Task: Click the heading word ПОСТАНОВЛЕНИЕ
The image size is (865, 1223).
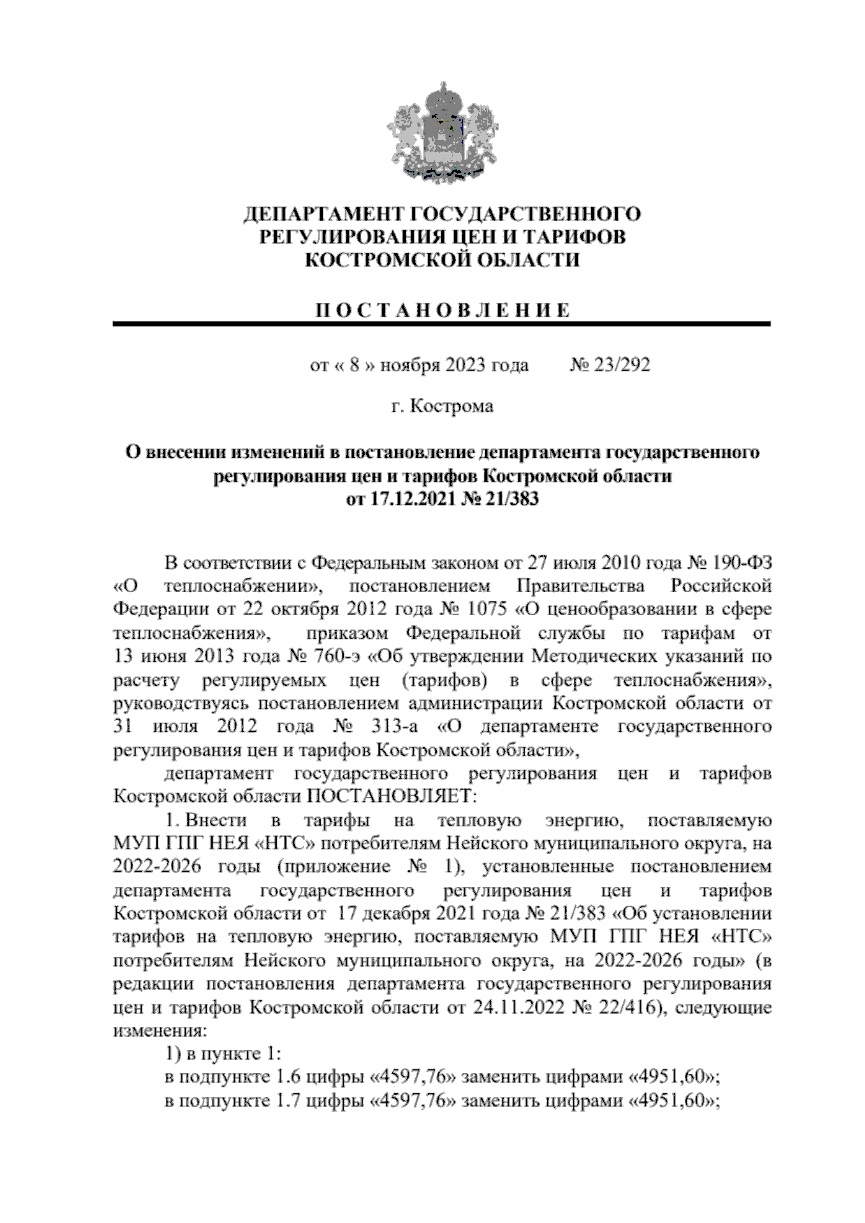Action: tap(443, 311)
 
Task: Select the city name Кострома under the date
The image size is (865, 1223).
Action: tap(452, 407)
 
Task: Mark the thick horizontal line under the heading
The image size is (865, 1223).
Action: tap(442, 325)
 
